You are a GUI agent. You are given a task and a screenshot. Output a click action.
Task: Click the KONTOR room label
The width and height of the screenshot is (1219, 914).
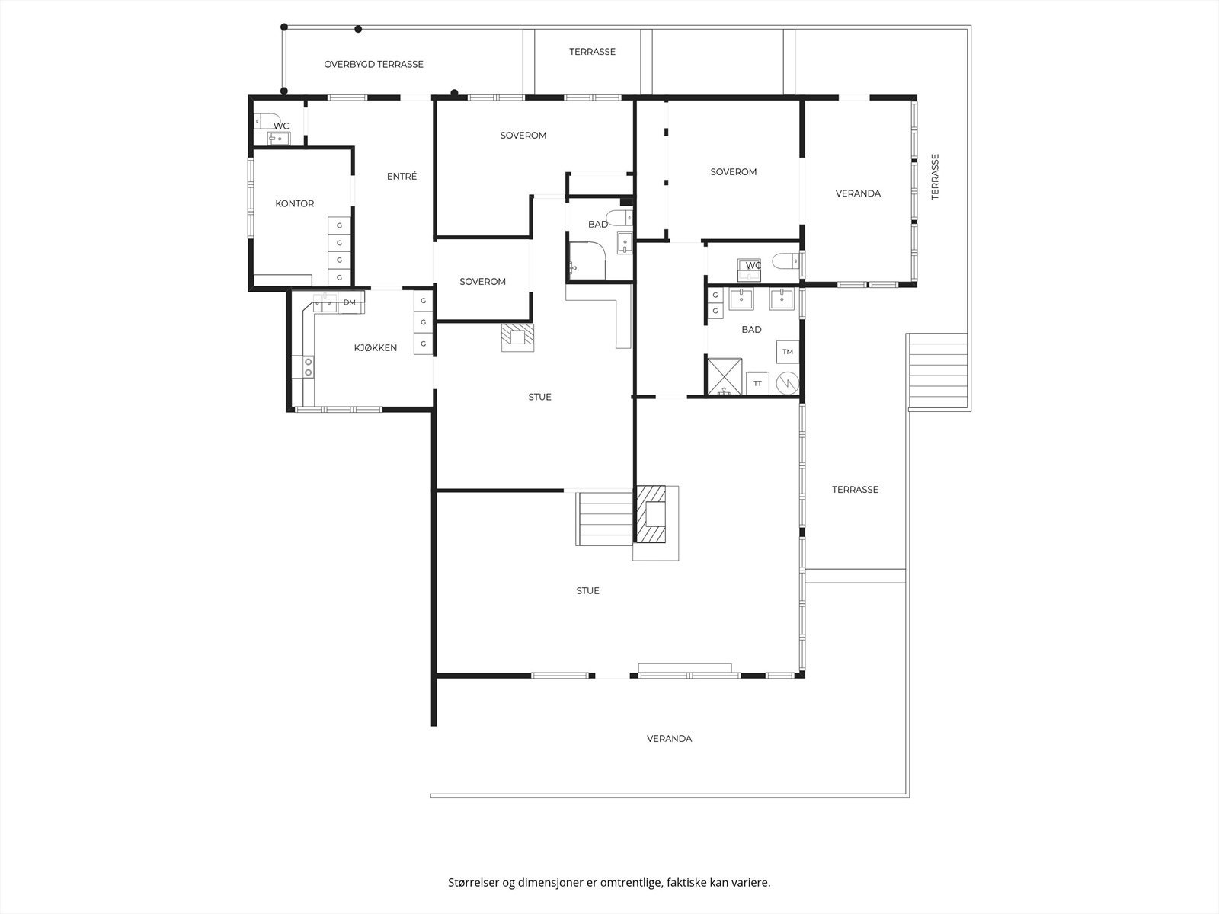tap(294, 203)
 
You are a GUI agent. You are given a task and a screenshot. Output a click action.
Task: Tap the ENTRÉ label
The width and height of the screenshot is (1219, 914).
tap(402, 176)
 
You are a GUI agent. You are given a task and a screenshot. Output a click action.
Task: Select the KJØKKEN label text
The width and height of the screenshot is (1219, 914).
tap(375, 347)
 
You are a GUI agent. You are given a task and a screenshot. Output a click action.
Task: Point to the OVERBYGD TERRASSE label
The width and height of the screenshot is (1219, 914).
tap(373, 64)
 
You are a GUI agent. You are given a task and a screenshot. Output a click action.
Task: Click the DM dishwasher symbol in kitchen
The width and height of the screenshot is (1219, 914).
tap(350, 302)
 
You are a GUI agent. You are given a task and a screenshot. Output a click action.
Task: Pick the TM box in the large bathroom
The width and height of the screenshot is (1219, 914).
tap(788, 352)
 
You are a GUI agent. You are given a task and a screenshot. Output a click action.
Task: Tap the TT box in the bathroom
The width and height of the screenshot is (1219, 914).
tap(757, 383)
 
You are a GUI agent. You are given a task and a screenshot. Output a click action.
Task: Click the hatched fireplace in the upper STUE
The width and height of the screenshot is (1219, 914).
tap(518, 337)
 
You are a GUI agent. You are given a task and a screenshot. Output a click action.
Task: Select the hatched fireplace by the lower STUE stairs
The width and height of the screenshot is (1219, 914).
tap(652, 514)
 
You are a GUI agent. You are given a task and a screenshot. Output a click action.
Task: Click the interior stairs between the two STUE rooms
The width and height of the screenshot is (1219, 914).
tap(605, 518)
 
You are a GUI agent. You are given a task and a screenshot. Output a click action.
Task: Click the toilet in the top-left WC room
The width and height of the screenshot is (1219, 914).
tap(260, 120)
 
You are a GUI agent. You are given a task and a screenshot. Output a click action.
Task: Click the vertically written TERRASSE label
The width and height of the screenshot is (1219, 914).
tap(935, 177)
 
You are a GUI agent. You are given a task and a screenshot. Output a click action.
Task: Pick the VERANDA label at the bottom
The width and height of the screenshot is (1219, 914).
tap(669, 738)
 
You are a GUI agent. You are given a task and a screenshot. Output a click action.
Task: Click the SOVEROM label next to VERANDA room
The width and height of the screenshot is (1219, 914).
tap(733, 172)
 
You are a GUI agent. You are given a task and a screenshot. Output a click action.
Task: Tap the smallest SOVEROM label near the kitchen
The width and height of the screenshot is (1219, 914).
tap(482, 281)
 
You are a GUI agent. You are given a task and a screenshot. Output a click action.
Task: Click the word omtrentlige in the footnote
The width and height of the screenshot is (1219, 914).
tap(632, 882)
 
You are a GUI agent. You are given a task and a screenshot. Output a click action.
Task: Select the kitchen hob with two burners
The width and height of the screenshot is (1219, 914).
tap(309, 367)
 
